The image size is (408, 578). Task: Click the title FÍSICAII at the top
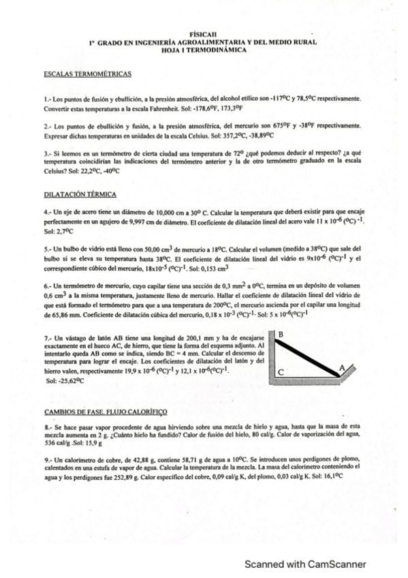pyautogui.click(x=204, y=35)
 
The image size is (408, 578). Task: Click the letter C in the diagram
pyautogui.click(x=281, y=371)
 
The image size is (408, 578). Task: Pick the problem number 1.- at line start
pyautogui.click(x=47, y=100)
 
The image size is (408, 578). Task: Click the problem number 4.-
pyautogui.click(x=47, y=213)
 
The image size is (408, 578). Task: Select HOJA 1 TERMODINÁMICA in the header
pyautogui.click(x=204, y=50)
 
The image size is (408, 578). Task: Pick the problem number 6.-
pyautogui.click(x=47, y=286)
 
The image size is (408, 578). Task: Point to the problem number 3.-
pyautogui.click(x=47, y=154)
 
